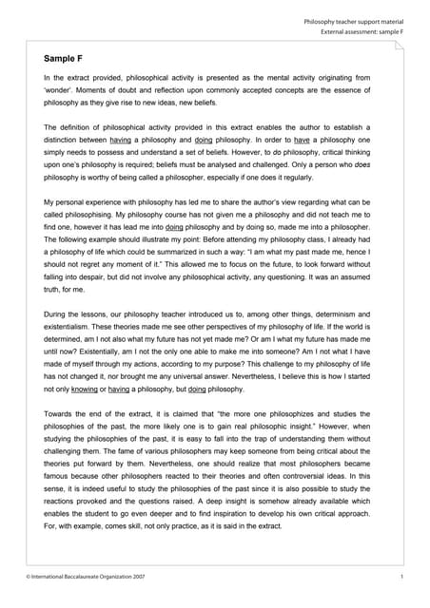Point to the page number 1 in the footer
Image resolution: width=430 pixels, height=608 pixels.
coord(403,577)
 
